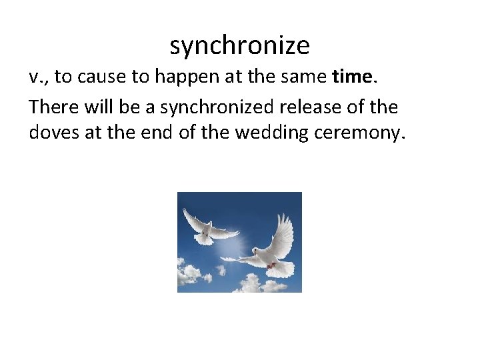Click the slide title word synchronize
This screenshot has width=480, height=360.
[239, 46]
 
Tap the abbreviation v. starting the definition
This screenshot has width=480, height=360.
[39, 77]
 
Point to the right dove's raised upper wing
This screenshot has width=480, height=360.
[283, 230]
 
